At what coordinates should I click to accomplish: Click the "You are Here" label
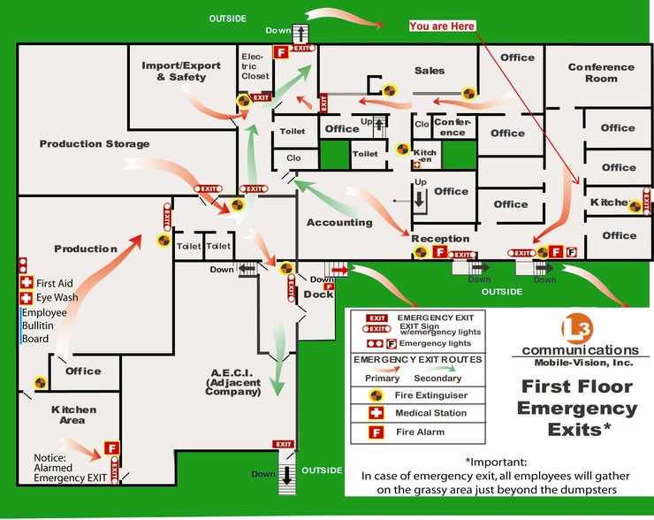442,27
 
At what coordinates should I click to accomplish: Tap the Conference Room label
601,73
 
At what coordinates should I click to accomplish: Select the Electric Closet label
255,66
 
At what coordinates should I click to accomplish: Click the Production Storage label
95,144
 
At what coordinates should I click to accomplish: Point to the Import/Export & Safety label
181,71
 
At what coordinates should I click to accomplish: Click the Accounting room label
339,223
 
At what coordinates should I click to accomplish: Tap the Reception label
440,239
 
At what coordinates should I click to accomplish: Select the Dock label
318,294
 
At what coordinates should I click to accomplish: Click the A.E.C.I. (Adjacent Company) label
232,382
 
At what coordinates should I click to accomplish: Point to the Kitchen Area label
73,415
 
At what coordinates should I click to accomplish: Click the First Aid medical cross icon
27,282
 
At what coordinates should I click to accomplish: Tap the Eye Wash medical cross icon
26,298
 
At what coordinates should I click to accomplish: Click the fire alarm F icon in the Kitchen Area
111,448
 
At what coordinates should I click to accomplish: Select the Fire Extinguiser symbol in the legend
376,395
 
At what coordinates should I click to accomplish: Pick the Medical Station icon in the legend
376,413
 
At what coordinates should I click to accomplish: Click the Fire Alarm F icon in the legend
376,432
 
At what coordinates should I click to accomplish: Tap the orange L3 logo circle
577,329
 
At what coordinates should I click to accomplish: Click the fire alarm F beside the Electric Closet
281,52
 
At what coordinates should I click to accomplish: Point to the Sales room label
430,71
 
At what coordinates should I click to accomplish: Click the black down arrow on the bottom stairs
286,476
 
